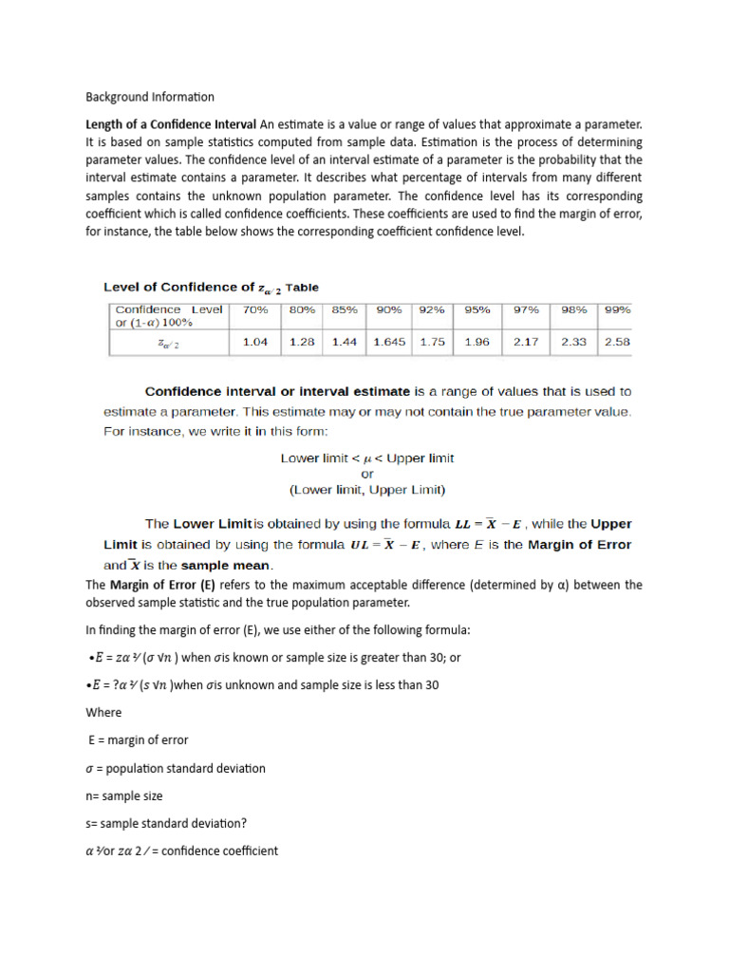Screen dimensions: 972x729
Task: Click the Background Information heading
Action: point(150,97)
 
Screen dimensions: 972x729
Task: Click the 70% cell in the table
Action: point(255,309)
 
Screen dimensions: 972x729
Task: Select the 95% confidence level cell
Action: point(478,309)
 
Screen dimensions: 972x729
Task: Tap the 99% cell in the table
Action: point(617,309)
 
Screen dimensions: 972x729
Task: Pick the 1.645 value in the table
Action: point(389,342)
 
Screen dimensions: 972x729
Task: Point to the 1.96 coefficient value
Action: point(477,342)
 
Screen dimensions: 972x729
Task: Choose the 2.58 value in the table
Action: point(617,342)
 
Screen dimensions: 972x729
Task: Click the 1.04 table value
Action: point(255,342)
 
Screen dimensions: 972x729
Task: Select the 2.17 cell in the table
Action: point(526,342)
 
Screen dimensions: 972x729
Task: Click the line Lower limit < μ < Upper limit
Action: point(367,458)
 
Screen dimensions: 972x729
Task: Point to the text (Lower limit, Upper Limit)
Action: point(367,490)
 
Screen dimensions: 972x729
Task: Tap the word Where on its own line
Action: point(103,712)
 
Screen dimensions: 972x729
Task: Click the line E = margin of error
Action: point(138,739)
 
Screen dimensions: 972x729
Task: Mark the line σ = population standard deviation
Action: point(176,768)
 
